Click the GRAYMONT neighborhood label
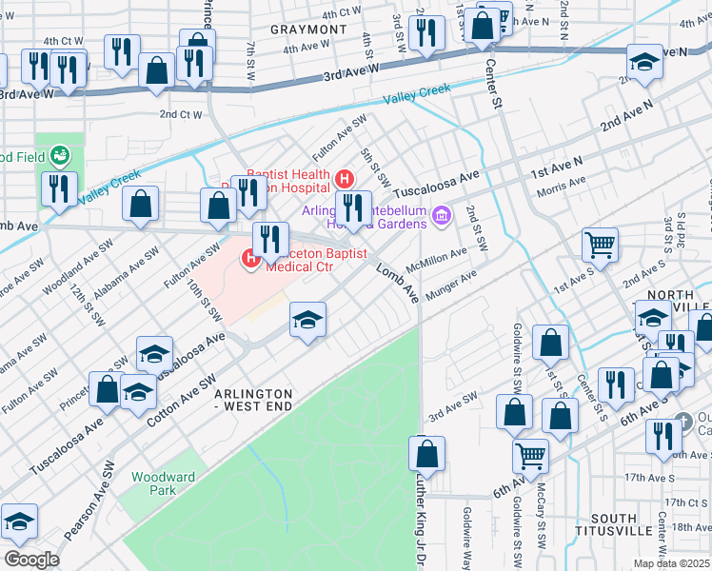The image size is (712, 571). click(307, 30)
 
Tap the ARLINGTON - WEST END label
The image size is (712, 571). click(252, 400)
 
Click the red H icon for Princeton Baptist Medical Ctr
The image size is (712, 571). click(251, 257)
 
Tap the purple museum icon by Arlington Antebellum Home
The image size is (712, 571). click(441, 217)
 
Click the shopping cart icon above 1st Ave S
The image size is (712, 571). click(600, 246)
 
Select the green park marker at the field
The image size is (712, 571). click(60, 154)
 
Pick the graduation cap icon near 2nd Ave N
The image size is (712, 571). click(644, 62)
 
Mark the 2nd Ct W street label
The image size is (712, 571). click(181, 114)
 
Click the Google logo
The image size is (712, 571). click(31, 560)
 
